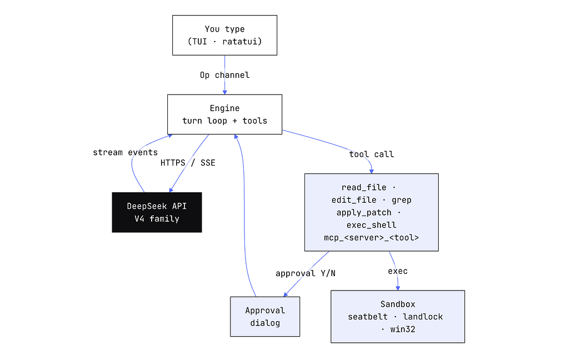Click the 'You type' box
pos(225,36)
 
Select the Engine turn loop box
pos(225,114)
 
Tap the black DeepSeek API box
pos(157,212)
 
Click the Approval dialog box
pos(265,317)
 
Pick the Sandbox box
pos(398,317)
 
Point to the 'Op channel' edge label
pos(225,75)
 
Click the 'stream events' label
pos(126,152)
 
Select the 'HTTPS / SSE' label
pos(188,163)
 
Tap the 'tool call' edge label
pos(372,154)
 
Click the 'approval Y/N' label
pos(305,273)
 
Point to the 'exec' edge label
pos(398,271)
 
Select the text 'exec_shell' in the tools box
pos(372,225)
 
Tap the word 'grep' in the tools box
pos(402,200)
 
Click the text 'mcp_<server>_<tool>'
pos(372,238)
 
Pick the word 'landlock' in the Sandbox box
pos(423,317)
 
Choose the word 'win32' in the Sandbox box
pos(403,329)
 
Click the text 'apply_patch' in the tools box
pos(364,213)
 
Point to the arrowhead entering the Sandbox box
pos(398,288)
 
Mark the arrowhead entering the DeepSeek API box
pos(171,190)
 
